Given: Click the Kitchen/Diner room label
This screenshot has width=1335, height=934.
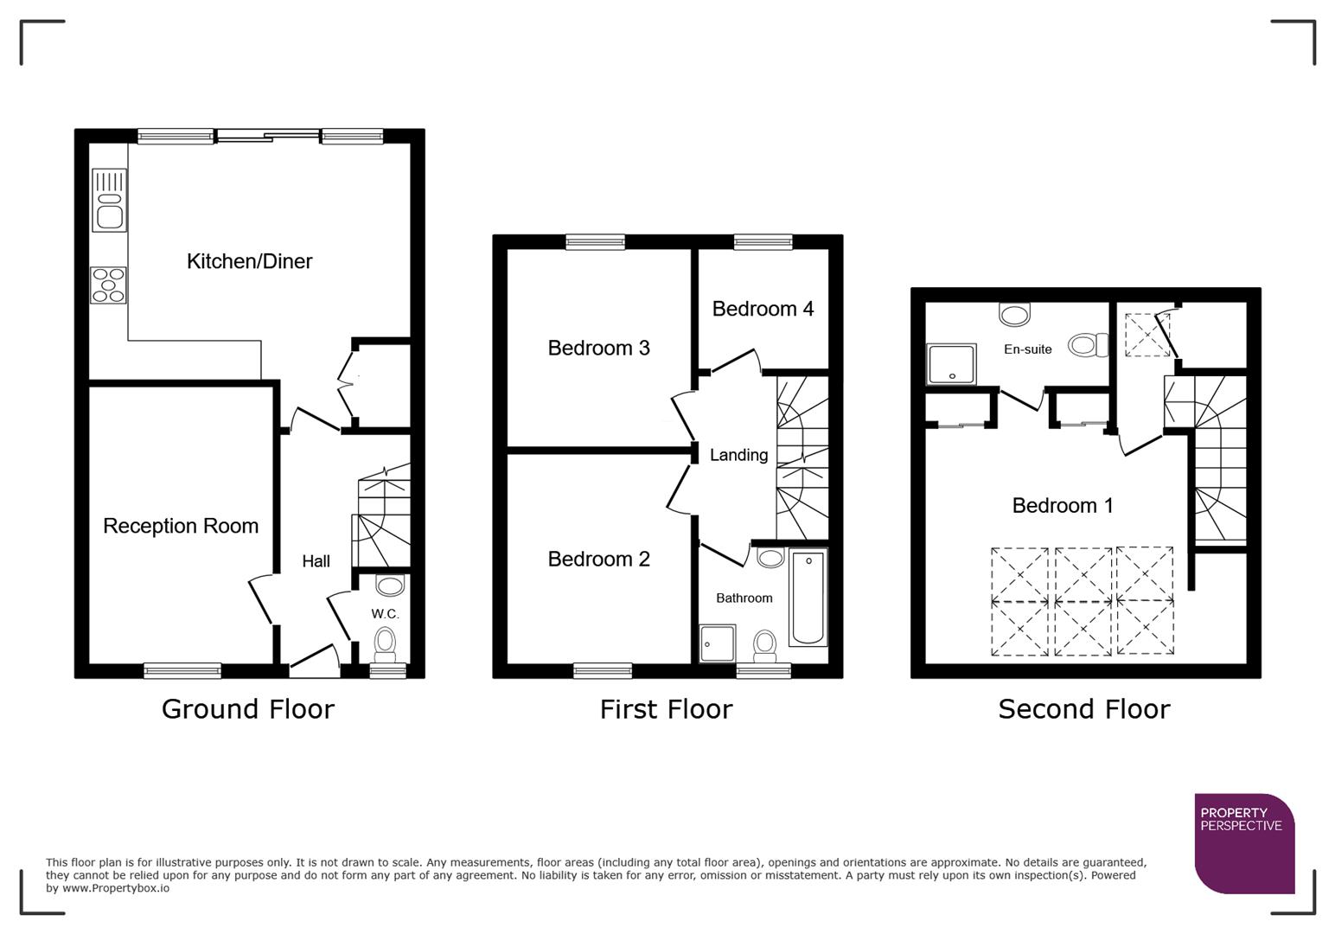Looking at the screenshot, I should [x=249, y=261].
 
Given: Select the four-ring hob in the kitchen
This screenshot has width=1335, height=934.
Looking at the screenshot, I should [x=109, y=285].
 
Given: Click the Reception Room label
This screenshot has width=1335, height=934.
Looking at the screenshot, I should [x=181, y=526].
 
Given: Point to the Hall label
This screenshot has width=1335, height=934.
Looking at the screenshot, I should [x=316, y=561].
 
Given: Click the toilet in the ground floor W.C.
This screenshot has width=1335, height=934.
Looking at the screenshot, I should [x=385, y=643].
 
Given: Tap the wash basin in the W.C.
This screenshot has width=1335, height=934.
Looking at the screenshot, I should [x=390, y=585].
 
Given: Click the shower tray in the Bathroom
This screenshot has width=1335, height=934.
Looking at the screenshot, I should [x=718, y=643].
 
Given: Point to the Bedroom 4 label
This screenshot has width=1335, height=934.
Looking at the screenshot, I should [x=763, y=309].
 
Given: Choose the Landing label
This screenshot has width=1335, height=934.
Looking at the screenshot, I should [x=738, y=455].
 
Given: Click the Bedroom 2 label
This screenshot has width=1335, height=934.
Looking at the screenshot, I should [x=598, y=560].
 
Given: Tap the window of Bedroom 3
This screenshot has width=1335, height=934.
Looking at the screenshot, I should [x=595, y=242].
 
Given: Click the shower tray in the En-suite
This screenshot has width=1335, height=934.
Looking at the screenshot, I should [x=951, y=364].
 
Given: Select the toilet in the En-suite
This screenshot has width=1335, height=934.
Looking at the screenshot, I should [x=1088, y=346].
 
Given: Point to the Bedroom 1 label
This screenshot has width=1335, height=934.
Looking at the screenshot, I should [x=1063, y=505].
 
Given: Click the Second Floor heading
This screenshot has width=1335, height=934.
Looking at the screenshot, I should [x=1083, y=709].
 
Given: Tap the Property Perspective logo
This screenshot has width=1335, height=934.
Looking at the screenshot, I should [x=1244, y=843].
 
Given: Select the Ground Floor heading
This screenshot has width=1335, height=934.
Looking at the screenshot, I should [x=248, y=709].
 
